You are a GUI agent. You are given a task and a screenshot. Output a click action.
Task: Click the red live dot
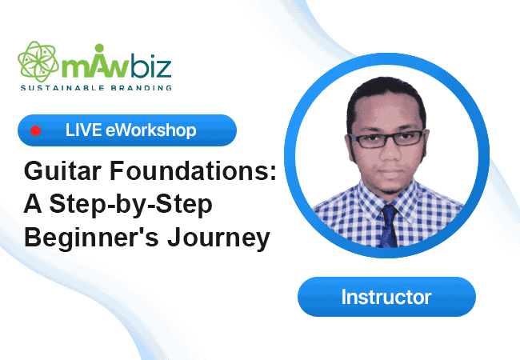click(x=35, y=130)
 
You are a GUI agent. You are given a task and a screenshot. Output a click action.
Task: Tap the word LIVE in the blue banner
click(x=83, y=130)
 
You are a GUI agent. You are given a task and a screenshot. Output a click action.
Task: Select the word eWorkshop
click(x=151, y=130)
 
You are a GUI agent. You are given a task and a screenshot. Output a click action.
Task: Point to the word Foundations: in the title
click(x=193, y=170)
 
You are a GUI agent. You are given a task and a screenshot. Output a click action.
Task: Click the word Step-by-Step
click(x=130, y=205)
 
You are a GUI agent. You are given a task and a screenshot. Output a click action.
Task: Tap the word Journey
click(x=219, y=238)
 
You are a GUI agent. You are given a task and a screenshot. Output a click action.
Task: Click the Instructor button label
click(x=386, y=297)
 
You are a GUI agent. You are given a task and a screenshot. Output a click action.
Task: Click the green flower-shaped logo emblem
click(x=38, y=62)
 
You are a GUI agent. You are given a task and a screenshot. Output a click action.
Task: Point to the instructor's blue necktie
click(x=389, y=226)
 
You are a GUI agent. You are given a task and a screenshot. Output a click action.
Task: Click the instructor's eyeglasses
click(x=386, y=139)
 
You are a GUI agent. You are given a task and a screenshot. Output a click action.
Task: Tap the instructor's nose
click(x=390, y=153)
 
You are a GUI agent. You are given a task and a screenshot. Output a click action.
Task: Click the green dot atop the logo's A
click(x=99, y=48)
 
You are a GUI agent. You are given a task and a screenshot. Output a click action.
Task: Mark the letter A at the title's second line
click(x=33, y=203)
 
